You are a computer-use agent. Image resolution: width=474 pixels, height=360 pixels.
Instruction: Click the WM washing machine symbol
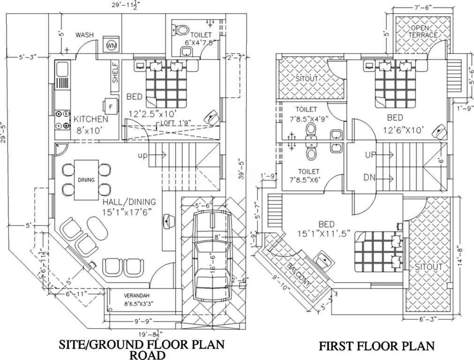(x=111, y=45)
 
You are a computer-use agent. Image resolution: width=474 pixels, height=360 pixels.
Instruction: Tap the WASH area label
(x=84, y=35)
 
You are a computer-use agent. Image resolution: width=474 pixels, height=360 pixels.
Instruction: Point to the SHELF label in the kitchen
(x=115, y=73)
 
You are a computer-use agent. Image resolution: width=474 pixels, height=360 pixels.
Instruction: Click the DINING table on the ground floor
(x=86, y=180)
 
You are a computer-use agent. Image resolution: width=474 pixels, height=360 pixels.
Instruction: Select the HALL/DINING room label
(x=129, y=206)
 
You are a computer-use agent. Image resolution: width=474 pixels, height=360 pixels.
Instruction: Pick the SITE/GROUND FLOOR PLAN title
(x=141, y=345)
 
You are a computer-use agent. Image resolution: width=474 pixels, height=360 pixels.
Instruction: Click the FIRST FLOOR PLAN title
(x=376, y=346)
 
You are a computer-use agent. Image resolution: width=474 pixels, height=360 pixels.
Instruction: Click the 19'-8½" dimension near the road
(x=148, y=334)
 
